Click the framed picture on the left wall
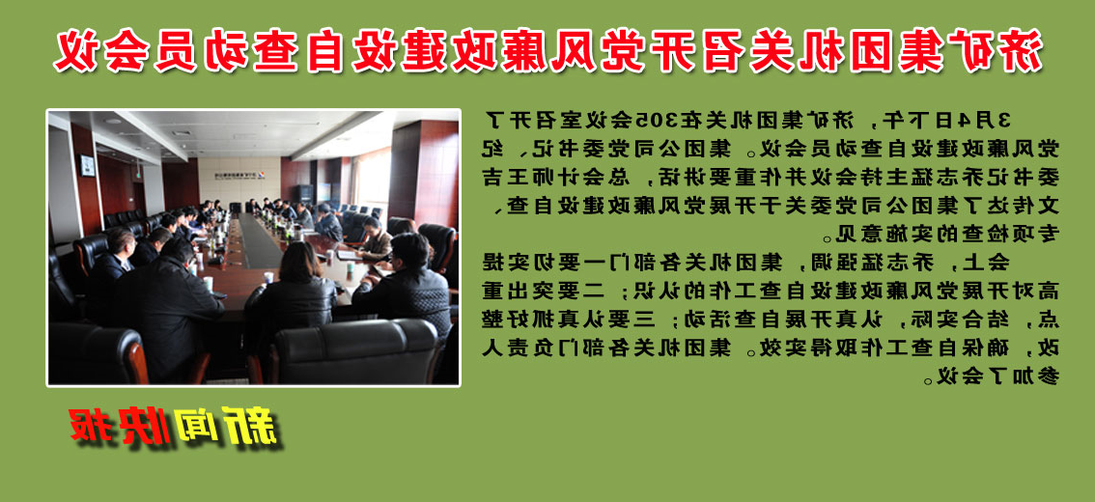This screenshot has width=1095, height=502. tap(88, 165)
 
